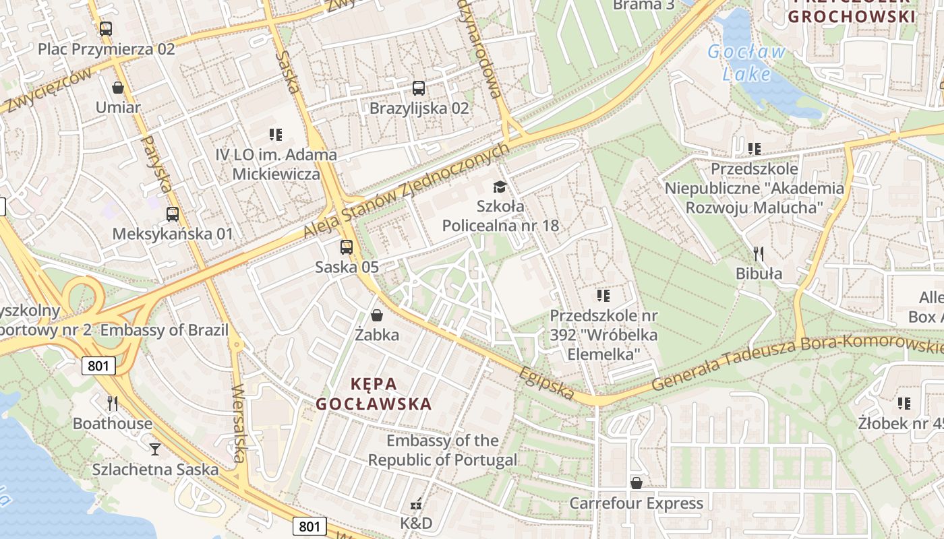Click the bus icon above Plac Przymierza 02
pyautogui.click(x=106, y=29)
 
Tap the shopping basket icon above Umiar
pyautogui.click(x=118, y=88)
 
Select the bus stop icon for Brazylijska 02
pyautogui.click(x=419, y=88)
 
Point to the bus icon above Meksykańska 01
pyautogui.click(x=173, y=214)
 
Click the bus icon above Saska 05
pyautogui.click(x=347, y=247)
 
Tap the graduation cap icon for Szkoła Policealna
pyautogui.click(x=500, y=187)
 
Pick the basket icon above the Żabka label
pyautogui.click(x=377, y=315)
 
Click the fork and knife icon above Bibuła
pyautogui.click(x=759, y=254)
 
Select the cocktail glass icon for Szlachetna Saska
pyautogui.click(x=155, y=449)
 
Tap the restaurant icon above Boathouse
pyautogui.click(x=113, y=404)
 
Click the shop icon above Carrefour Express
pyautogui.click(x=636, y=483)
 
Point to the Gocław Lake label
pyautogui.click(x=746, y=63)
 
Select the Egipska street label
pyautogui.click(x=547, y=383)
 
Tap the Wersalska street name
pyautogui.click(x=238, y=423)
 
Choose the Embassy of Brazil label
pyautogui.click(x=165, y=331)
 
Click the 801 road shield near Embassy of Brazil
pyautogui.click(x=98, y=366)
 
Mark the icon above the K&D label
pyautogui.click(x=416, y=503)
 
